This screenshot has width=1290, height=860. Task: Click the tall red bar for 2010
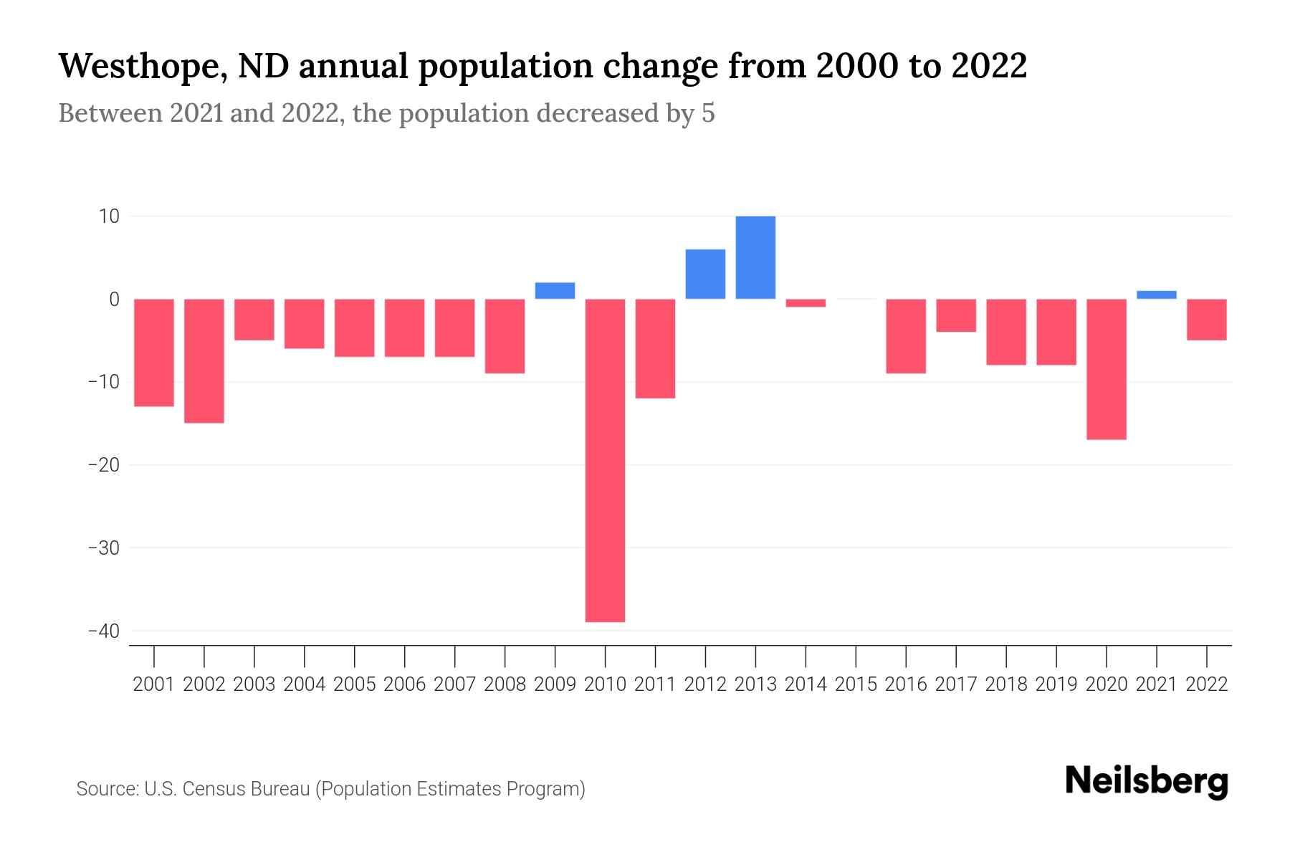pos(605,460)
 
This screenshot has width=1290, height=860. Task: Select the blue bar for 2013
pos(755,257)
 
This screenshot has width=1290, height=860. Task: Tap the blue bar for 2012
pos(705,274)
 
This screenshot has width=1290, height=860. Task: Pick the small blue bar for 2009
pos(555,291)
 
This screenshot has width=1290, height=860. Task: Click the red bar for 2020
pos(1106,369)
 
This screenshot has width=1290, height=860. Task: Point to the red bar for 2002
pos(204,360)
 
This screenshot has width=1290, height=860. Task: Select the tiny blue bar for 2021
pos(1156,295)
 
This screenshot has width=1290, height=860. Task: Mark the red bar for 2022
pos(1206,320)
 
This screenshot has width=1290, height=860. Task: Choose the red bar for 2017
pos(956,315)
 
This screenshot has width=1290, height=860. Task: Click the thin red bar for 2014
pos(806,303)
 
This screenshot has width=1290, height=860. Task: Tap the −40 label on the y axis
pos(103,631)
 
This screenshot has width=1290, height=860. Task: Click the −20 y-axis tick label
pos(103,465)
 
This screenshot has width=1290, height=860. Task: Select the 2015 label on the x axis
pos(856,684)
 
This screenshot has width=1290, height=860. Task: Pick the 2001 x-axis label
pos(154,684)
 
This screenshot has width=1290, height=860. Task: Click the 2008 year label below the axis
pos(505,684)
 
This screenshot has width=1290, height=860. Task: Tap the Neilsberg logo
pos(1147,782)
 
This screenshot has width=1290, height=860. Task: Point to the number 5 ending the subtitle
pos(708,113)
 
